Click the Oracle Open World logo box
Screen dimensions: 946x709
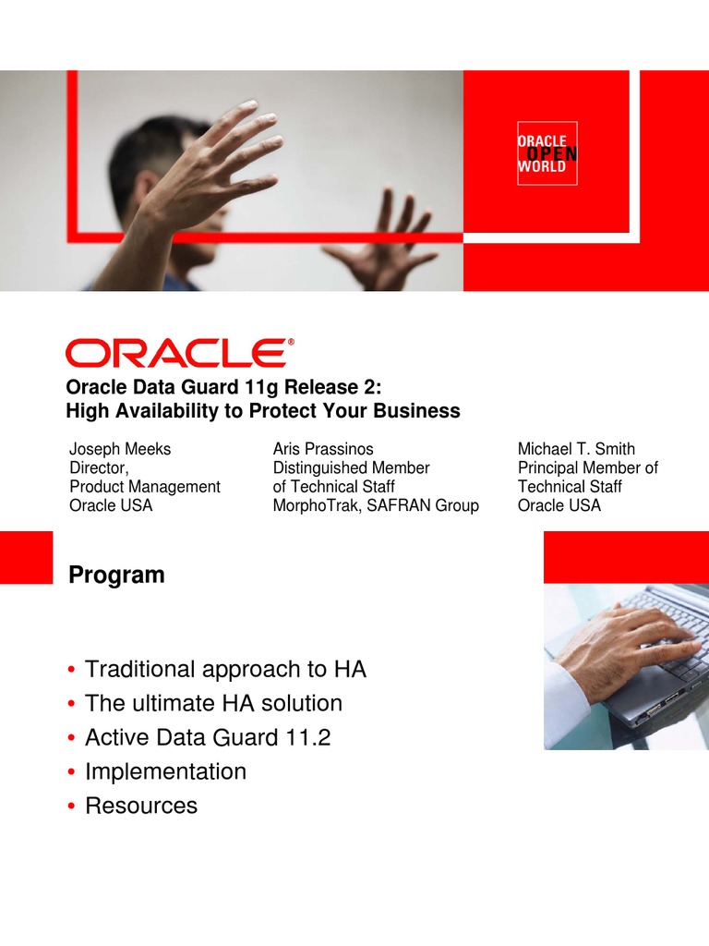(x=547, y=153)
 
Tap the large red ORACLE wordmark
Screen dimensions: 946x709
(x=175, y=354)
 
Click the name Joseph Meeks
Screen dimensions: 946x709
(x=120, y=450)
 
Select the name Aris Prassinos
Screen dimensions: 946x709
(x=323, y=450)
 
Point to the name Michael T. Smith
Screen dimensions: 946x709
(x=576, y=450)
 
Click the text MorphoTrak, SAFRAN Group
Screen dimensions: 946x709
(x=376, y=505)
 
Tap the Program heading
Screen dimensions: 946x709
(x=116, y=576)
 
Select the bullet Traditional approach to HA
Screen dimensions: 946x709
(x=225, y=669)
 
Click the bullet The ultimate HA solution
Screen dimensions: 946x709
(x=213, y=703)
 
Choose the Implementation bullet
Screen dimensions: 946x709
(x=165, y=771)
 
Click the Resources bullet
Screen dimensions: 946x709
(x=141, y=806)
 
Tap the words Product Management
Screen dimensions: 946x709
(x=145, y=487)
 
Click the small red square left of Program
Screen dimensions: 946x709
(x=26, y=557)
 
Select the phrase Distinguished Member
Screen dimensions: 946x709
(x=351, y=468)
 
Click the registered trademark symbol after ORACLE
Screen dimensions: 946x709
(x=292, y=342)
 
